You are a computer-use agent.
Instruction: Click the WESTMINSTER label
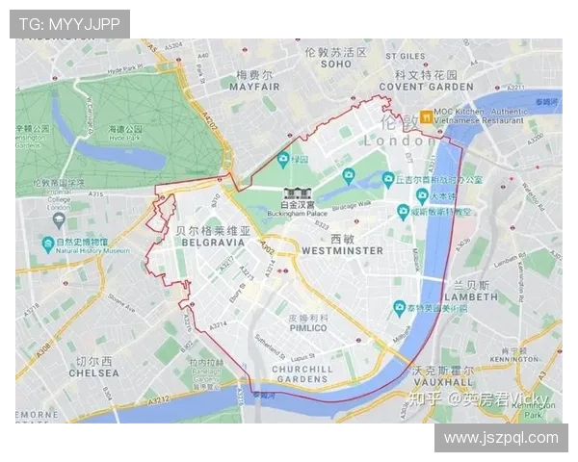coord(342,250)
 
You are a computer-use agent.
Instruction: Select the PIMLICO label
coord(309,328)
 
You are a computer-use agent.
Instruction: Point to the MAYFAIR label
coord(256,86)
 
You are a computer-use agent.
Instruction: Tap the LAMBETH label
coord(470,297)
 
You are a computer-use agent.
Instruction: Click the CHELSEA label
coord(93,372)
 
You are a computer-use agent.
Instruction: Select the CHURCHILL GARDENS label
coord(302,373)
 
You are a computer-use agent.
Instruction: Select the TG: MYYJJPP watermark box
coord(69,23)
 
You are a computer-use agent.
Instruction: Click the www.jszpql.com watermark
coord(500,438)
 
